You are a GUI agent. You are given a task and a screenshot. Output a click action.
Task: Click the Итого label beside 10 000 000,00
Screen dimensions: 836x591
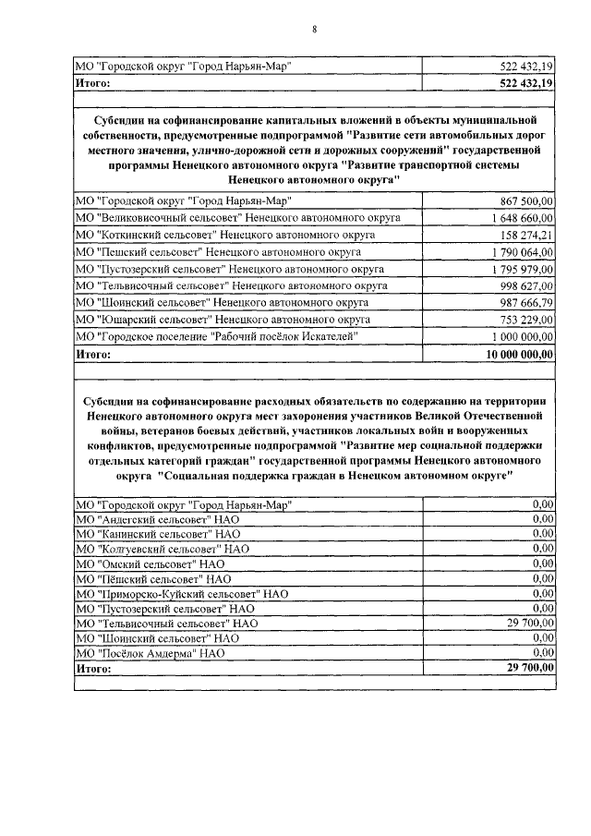[x=93, y=354]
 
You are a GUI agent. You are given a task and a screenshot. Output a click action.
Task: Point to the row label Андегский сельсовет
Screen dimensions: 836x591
[x=157, y=519]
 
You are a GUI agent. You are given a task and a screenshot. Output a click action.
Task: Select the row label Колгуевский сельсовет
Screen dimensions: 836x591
[x=163, y=549]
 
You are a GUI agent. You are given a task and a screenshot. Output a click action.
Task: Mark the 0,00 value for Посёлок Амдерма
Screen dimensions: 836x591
[x=543, y=653]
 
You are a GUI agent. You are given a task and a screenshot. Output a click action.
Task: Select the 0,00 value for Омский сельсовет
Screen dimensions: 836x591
[x=543, y=563]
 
